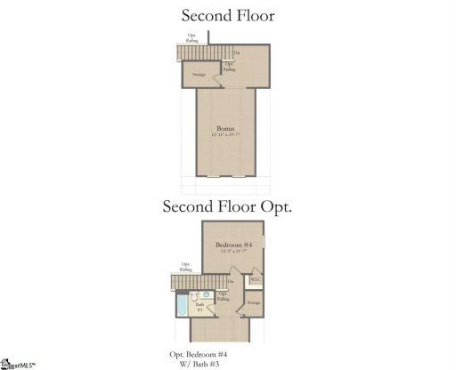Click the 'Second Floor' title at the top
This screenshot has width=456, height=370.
pyautogui.click(x=228, y=15)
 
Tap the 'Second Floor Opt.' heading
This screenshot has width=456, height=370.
pyautogui.click(x=228, y=206)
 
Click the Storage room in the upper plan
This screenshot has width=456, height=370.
pyautogui.click(x=199, y=75)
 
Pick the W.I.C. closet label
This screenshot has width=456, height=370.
pyautogui.click(x=256, y=281)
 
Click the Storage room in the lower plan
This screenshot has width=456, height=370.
pyautogui.click(x=254, y=303)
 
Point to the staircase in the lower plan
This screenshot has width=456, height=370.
pyautogui.click(x=185, y=282)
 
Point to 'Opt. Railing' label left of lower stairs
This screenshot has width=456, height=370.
pyautogui.click(x=186, y=266)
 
